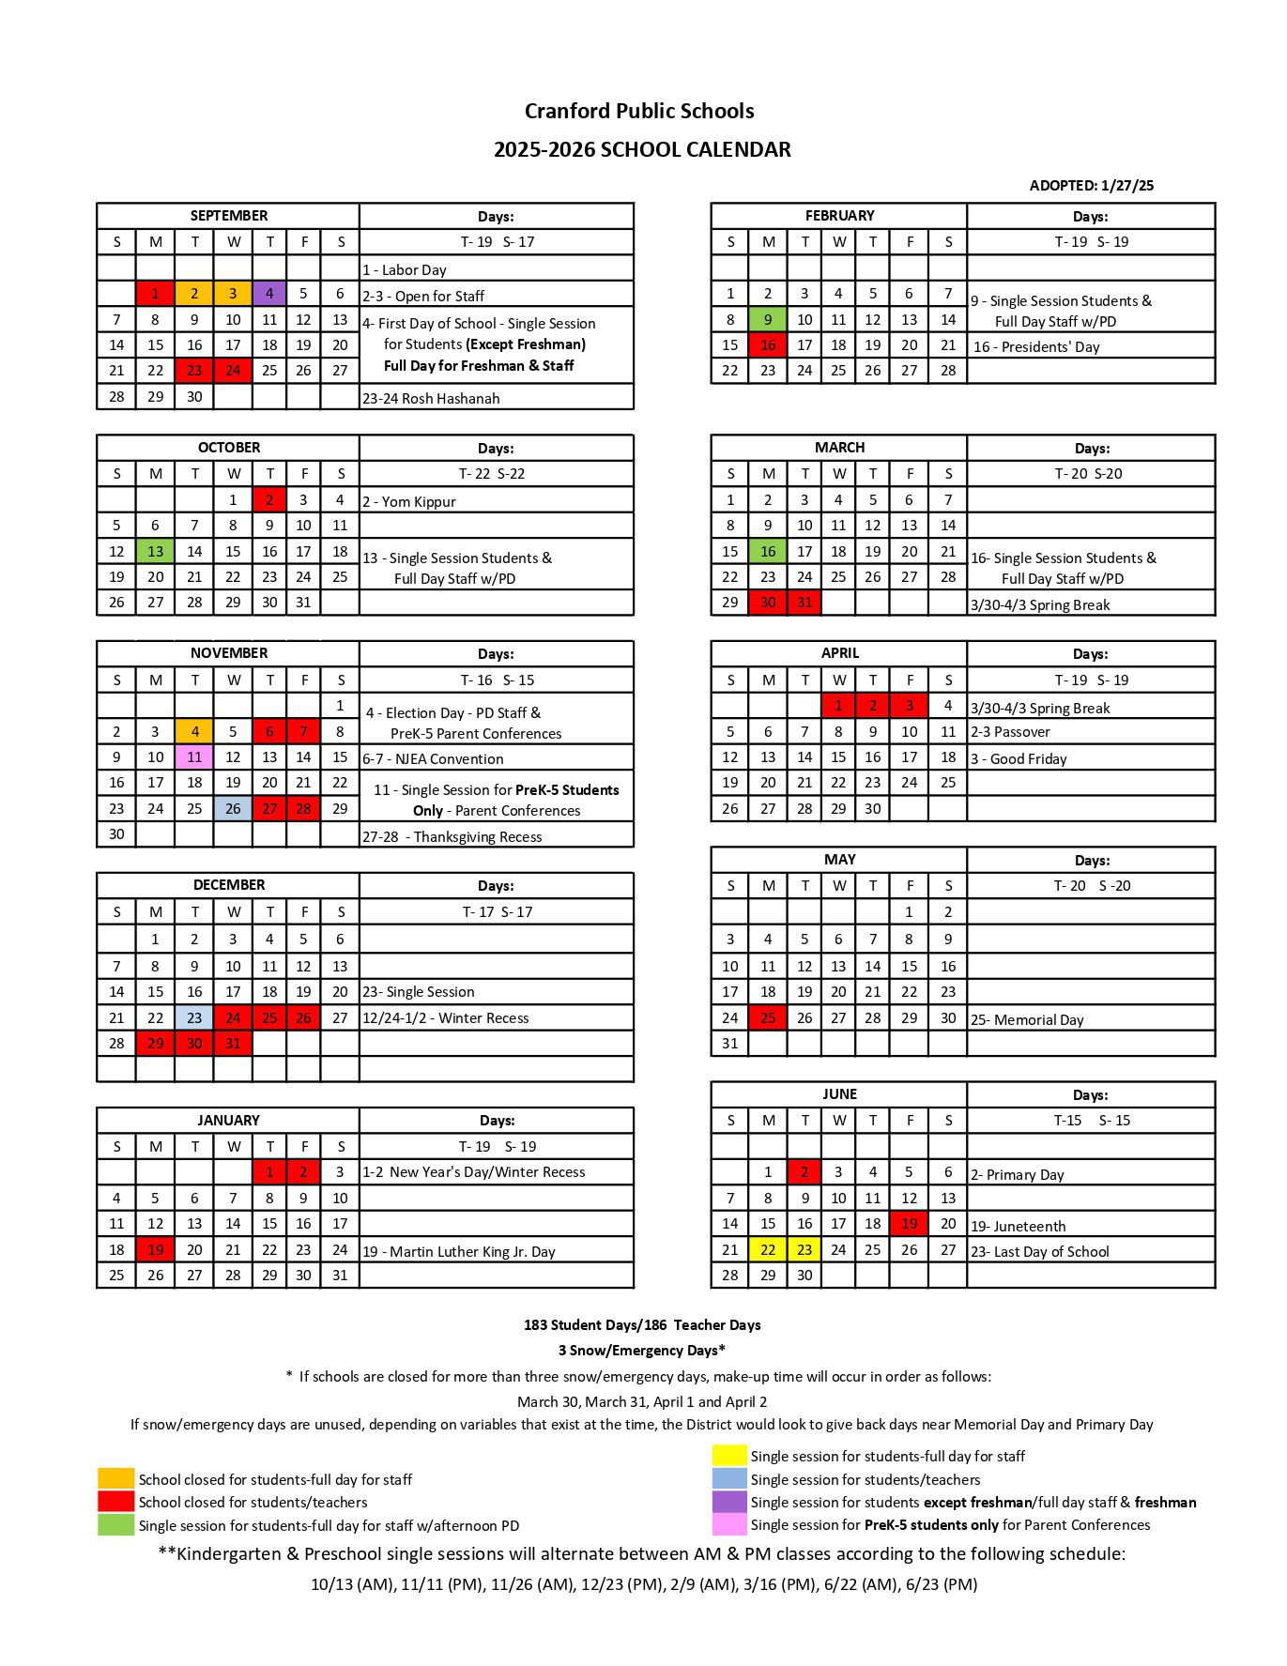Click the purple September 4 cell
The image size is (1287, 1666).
(x=269, y=294)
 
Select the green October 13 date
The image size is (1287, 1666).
(x=156, y=551)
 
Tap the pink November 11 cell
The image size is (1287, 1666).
(x=194, y=757)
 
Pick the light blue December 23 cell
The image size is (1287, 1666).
(x=194, y=1017)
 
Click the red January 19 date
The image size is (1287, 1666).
(x=156, y=1249)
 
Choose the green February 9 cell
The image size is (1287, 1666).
(x=768, y=319)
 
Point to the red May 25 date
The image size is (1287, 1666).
(x=768, y=1017)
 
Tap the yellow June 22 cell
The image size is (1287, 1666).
(x=768, y=1249)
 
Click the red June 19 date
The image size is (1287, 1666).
(x=909, y=1223)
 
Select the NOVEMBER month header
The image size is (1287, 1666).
(x=228, y=653)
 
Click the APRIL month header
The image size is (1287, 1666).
(x=839, y=653)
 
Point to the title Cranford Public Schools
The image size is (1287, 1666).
(x=639, y=111)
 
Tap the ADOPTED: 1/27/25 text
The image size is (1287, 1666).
(x=1091, y=186)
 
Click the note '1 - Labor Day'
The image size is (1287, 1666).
(x=405, y=270)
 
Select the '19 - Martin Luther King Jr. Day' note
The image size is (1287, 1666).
(x=459, y=1251)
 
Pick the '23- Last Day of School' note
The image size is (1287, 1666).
(x=1039, y=1251)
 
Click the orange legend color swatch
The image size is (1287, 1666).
(x=116, y=1479)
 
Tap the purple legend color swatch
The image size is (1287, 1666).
(x=729, y=1502)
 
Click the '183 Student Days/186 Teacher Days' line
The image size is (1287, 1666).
(x=642, y=1325)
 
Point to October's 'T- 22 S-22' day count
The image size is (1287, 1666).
(x=495, y=474)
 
